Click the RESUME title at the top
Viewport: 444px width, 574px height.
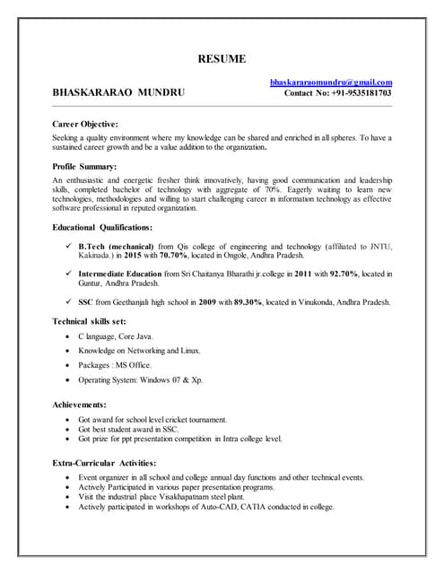222,59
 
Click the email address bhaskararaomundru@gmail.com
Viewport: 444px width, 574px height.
331,83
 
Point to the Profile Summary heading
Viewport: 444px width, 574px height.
84,167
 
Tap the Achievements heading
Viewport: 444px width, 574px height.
79,405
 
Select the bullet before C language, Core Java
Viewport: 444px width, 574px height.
68,336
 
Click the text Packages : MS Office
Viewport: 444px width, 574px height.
115,365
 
